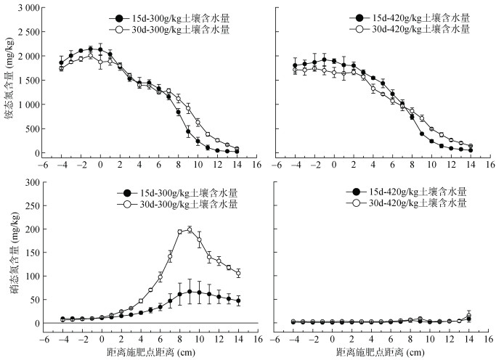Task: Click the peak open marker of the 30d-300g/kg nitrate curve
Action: [190, 229]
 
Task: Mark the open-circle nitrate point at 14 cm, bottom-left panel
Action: [237, 273]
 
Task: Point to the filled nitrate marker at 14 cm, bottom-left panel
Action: [237, 300]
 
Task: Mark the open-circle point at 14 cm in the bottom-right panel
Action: [470, 316]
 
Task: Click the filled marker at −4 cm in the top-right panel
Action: [296, 65]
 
